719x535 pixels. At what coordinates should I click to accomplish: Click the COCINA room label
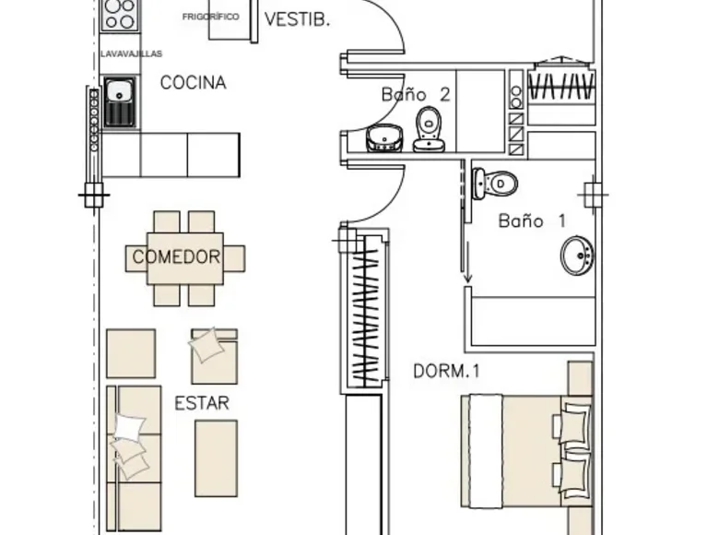[x=193, y=83]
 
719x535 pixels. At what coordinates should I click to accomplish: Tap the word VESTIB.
[x=297, y=19]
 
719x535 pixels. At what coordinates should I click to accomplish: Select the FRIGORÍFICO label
[x=210, y=17]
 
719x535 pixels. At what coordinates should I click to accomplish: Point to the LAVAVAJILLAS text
[x=131, y=53]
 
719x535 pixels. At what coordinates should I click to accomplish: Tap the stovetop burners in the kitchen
[x=120, y=14]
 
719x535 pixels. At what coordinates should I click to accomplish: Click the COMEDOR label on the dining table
[x=176, y=257]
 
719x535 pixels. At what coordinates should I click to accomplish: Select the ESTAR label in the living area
[x=202, y=403]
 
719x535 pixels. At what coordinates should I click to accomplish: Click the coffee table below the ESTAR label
[x=216, y=458]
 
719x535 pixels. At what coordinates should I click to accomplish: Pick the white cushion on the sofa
[x=129, y=427]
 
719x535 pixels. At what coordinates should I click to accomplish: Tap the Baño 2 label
[x=416, y=94]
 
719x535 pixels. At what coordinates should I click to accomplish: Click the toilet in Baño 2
[x=429, y=129]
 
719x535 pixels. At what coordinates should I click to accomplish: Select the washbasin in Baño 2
[x=384, y=137]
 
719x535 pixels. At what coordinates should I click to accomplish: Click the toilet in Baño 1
[x=494, y=184]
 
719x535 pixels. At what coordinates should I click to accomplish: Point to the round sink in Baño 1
[x=577, y=256]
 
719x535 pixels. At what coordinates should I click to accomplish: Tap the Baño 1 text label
[x=532, y=221]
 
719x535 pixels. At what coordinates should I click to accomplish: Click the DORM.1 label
[x=446, y=371]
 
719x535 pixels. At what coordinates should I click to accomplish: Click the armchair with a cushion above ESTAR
[x=214, y=356]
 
